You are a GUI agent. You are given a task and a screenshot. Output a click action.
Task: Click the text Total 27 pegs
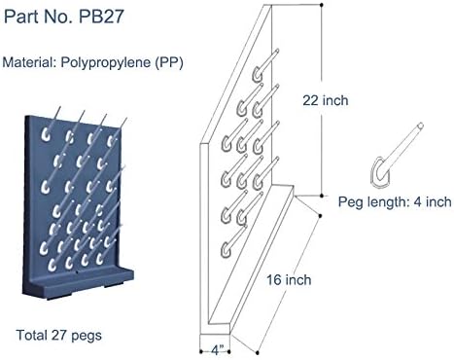click(58, 336)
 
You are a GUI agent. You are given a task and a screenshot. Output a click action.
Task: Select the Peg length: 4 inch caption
click(395, 202)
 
